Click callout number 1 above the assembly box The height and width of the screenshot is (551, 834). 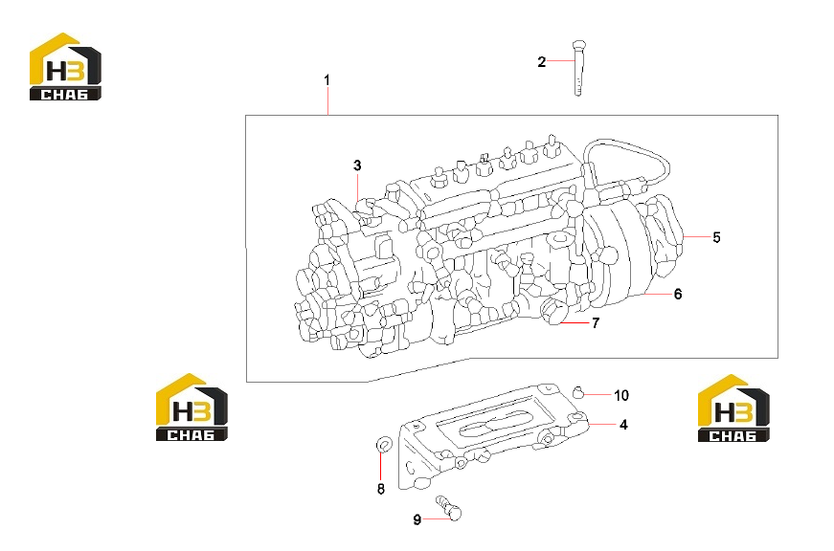[327, 80]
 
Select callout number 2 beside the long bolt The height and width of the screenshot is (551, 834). [541, 62]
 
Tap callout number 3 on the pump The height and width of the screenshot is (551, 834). [357, 165]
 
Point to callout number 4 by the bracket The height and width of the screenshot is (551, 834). [623, 425]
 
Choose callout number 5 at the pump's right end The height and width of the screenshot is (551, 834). [716, 237]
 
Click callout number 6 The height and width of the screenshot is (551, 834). [678, 294]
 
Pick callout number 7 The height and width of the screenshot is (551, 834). [596, 322]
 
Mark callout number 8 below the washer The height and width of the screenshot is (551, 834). [381, 489]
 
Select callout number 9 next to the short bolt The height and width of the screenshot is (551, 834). [417, 519]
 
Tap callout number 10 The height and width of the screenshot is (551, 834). [621, 395]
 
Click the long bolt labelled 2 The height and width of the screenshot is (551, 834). [578, 68]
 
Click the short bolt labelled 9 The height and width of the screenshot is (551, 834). [449, 507]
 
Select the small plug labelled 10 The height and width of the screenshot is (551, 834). [578, 393]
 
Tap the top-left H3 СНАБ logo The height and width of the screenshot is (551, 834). [65, 66]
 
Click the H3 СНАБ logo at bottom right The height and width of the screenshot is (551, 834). [733, 408]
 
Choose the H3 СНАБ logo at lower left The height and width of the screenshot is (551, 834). [192, 407]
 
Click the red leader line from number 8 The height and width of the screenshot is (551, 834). [381, 465]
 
